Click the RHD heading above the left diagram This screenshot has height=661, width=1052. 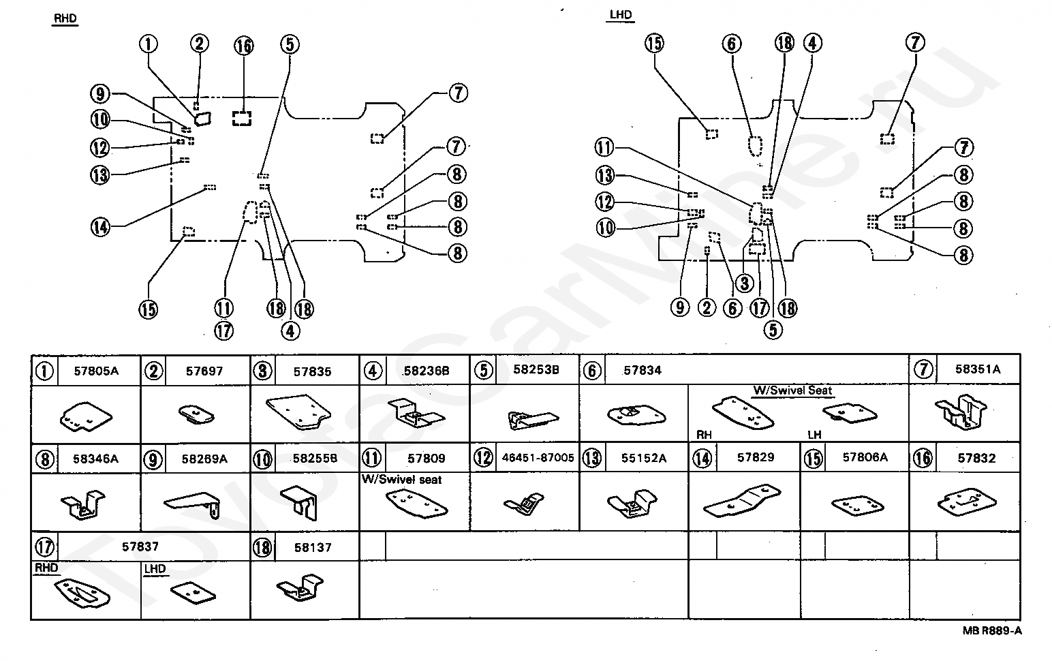[65, 18]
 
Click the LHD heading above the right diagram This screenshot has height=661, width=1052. [621, 14]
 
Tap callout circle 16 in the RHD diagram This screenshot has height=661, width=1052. [243, 46]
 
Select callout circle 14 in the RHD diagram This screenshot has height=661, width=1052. [100, 228]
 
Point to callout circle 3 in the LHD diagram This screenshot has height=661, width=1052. [745, 283]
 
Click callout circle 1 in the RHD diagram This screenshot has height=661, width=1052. [149, 44]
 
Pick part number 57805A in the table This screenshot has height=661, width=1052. [96, 371]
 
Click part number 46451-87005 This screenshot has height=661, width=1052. [538, 457]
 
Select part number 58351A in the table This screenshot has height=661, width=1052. [978, 369]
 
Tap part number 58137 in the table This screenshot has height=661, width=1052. [313, 547]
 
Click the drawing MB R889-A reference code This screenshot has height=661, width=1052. [992, 631]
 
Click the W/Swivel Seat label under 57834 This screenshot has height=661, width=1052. [793, 390]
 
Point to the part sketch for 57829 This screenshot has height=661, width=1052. [742, 501]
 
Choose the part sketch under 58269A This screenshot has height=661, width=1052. [193, 505]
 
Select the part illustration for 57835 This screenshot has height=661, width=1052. [298, 412]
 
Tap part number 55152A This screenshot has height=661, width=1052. [644, 458]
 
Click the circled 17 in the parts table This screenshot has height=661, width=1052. [44, 547]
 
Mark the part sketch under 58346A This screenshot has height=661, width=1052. [83, 505]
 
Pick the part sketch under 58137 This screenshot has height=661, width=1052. [300, 587]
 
